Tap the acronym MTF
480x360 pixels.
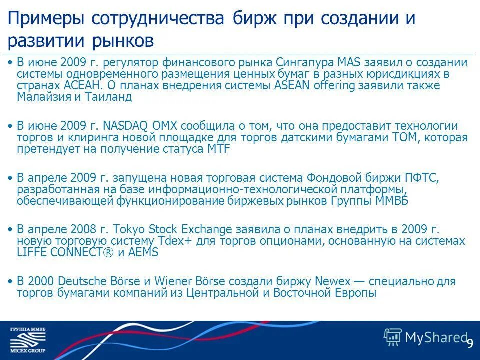coord(218,149)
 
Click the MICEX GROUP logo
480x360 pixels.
coord(28,340)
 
